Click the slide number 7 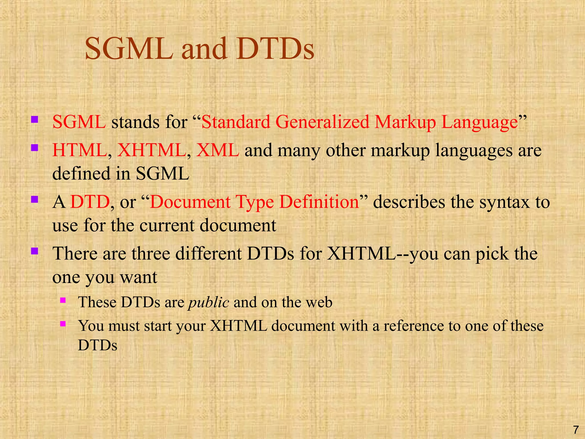[x=576, y=430]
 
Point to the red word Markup [x=405, y=122]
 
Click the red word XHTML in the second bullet [x=152, y=150]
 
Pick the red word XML [x=218, y=150]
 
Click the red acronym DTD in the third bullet [x=90, y=202]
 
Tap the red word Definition [x=319, y=202]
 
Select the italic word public [x=209, y=302]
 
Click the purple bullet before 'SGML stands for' [x=35, y=119]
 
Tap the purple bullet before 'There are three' [x=35, y=251]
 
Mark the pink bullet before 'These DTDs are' [x=63, y=300]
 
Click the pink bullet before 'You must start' [x=63, y=324]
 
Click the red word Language [x=480, y=122]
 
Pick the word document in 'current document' [x=238, y=225]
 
